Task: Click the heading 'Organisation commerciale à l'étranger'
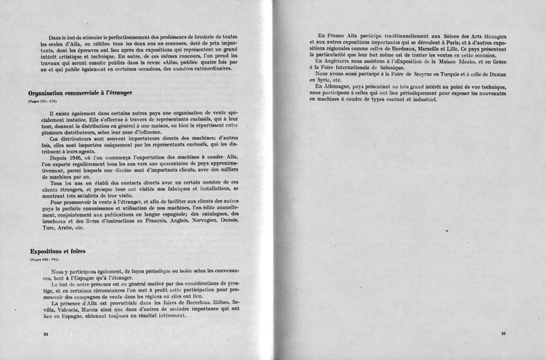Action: (80, 92)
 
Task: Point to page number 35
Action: (503, 333)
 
